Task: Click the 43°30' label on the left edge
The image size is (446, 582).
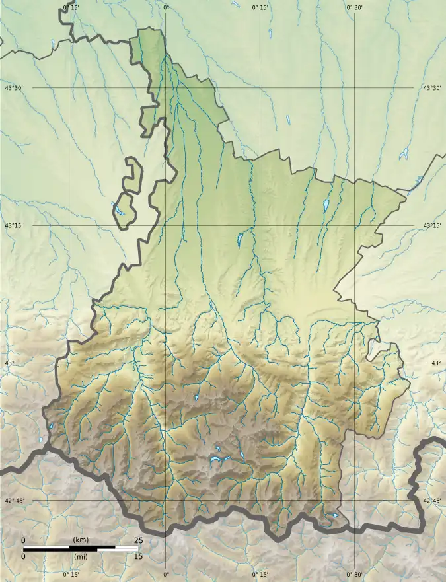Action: [x=14, y=88]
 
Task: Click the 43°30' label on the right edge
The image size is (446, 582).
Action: [x=432, y=88]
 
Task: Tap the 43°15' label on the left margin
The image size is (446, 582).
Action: [x=14, y=225]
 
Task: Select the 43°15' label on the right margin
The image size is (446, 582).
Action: [x=432, y=225]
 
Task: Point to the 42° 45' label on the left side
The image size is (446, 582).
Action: [x=15, y=501]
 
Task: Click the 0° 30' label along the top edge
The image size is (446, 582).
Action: [x=355, y=7]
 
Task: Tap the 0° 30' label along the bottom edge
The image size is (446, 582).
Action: [x=355, y=575]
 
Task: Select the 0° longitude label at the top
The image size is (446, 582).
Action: [x=165, y=7]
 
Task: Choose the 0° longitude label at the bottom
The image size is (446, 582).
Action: [x=165, y=575]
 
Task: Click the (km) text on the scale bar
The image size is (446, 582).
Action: [x=81, y=540]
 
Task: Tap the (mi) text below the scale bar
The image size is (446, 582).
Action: [x=81, y=556]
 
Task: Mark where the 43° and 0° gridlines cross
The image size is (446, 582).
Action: [x=165, y=363]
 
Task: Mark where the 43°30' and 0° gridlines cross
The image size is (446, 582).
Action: [x=165, y=87]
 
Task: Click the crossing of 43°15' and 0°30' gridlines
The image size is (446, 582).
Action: [x=355, y=225]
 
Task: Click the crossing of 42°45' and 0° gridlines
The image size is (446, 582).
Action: [x=165, y=501]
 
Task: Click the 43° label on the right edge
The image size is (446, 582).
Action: [x=436, y=363]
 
